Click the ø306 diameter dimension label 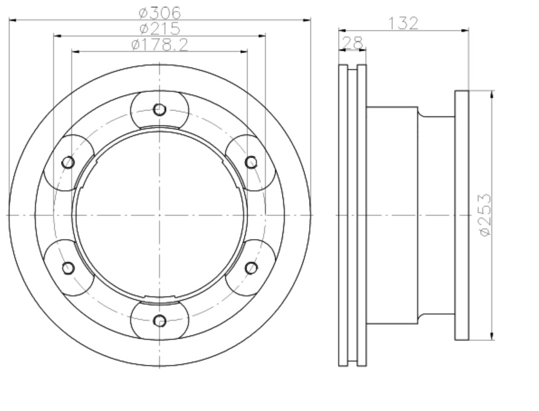click(159, 13)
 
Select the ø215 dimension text click(160, 28)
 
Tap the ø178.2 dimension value click(160, 45)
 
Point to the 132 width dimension click(403, 24)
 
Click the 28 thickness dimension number click(352, 43)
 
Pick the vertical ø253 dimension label click(485, 215)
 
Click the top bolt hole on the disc click(159, 110)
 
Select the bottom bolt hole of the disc click(159, 320)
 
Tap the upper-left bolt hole click(68, 162)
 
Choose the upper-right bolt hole click(251, 162)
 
